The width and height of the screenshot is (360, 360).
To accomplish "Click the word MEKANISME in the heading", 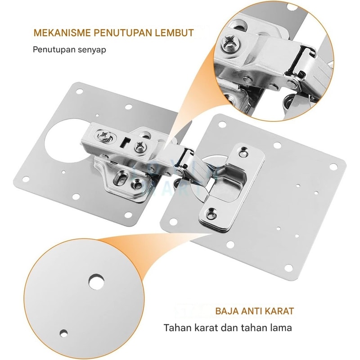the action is pos(62,33).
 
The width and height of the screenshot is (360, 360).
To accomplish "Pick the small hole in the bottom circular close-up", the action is pos(63,333).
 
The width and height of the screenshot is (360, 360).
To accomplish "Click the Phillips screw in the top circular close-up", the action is pos(231,45).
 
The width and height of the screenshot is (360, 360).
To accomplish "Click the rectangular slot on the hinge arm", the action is pos(126,142).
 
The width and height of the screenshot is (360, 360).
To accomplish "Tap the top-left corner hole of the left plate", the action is pos(80,91).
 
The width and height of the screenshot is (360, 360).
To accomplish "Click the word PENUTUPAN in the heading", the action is pos(122,33).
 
